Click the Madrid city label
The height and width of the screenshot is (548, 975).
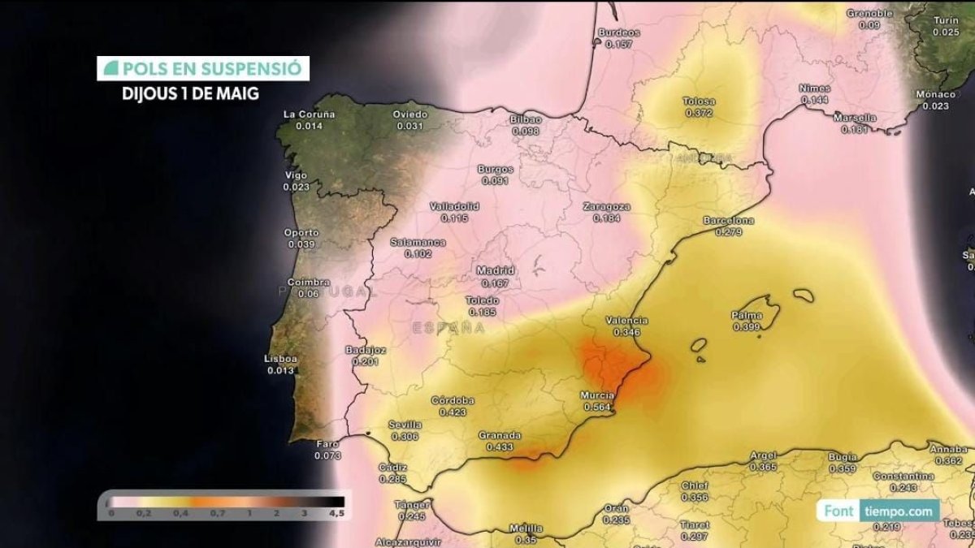(x=495, y=270)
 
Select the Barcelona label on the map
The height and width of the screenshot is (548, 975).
(x=728, y=221)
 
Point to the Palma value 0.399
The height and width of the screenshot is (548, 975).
(x=746, y=327)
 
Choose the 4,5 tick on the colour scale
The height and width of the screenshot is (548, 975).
(x=336, y=513)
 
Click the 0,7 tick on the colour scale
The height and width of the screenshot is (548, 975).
(x=217, y=513)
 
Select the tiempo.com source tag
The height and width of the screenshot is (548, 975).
(x=899, y=511)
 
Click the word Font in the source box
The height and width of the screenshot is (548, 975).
(x=838, y=511)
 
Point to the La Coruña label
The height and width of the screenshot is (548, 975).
(x=309, y=114)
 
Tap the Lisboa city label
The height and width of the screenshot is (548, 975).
(x=281, y=359)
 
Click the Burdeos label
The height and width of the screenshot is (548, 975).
(x=618, y=32)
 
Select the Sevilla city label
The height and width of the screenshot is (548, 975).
(x=405, y=425)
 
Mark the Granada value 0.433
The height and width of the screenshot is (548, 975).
(x=500, y=447)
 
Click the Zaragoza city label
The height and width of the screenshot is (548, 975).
(x=606, y=207)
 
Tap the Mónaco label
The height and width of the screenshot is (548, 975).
(x=936, y=94)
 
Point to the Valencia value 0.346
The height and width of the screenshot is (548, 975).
(x=626, y=332)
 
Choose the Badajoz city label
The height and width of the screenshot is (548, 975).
(x=366, y=350)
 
